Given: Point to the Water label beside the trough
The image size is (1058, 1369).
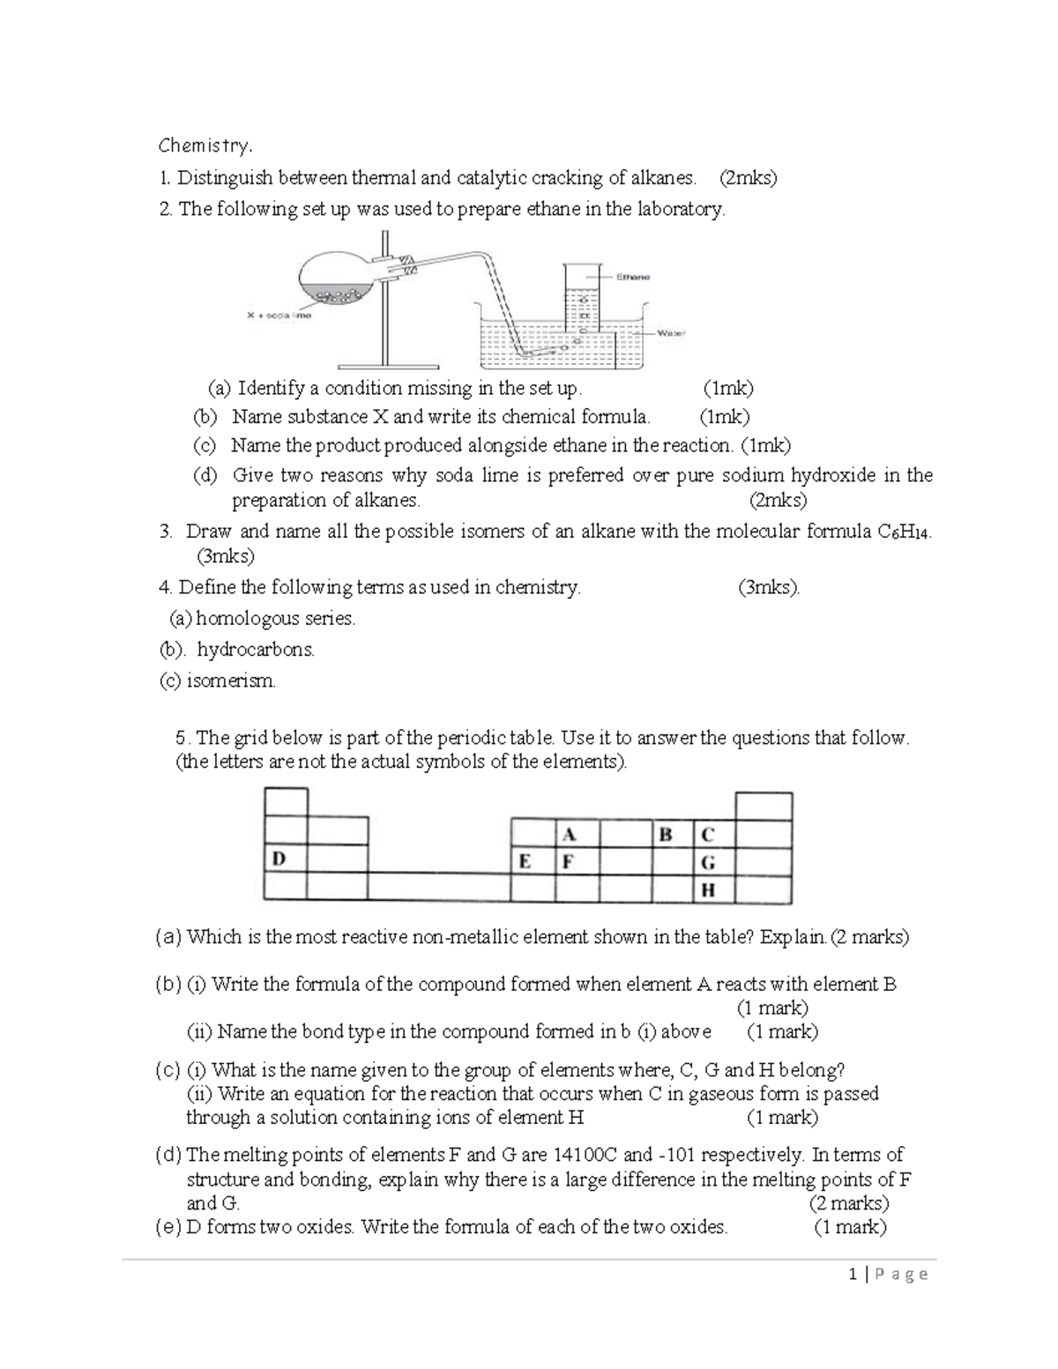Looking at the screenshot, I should (672, 334).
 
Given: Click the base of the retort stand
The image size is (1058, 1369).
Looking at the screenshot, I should (386, 364).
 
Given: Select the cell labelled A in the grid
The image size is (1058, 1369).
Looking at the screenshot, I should (577, 835).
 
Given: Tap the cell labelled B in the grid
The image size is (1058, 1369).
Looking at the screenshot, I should (673, 835).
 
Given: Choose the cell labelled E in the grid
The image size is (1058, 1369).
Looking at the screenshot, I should (533, 861).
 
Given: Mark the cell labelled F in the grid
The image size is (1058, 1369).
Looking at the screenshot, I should (577, 861).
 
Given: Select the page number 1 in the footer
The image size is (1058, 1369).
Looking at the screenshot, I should (853, 1275).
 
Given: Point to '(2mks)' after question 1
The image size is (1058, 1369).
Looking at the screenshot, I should (748, 178).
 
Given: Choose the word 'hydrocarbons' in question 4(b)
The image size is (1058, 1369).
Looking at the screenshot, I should (255, 651).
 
